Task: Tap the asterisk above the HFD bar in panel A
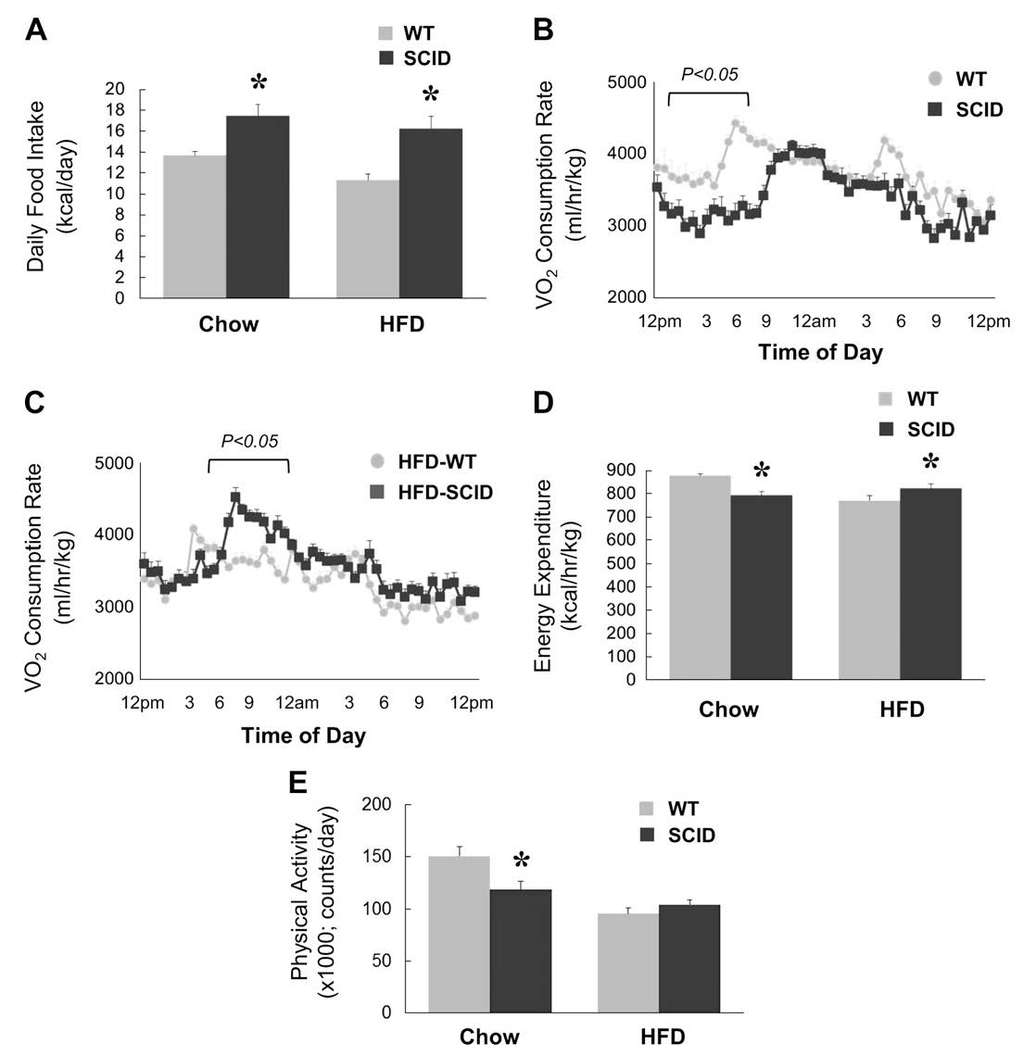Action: click(431, 95)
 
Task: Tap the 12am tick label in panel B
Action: click(815, 321)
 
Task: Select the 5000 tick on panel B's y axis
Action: click(625, 82)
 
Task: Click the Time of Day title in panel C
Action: click(303, 736)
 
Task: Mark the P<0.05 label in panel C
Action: click(247, 441)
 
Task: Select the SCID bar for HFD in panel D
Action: click(930, 584)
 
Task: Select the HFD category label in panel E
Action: click(663, 1037)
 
